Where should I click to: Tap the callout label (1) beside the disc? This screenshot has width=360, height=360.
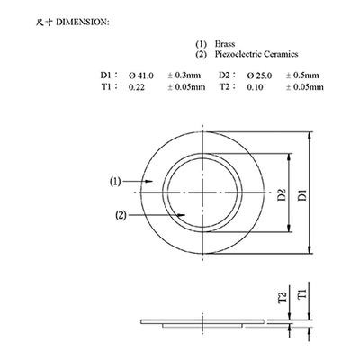(115, 181)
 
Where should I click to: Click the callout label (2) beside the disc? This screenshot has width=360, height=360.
(121, 215)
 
